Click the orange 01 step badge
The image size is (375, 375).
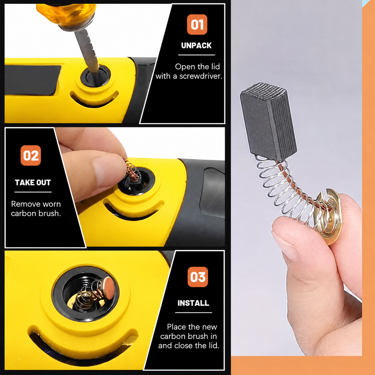coord(197,25)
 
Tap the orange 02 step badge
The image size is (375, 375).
coord(31,155)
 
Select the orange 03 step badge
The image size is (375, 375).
coord(198,277)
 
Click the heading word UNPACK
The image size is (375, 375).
coord(196,45)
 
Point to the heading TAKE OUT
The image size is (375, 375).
coord(33,182)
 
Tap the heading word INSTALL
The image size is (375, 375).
coord(193,303)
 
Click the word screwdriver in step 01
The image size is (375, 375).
coord(201,76)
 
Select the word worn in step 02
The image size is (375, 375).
coord(51,204)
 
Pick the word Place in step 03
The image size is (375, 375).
coord(175,327)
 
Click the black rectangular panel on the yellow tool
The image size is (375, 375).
coord(32,80)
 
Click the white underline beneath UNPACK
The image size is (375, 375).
coord(196,55)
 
